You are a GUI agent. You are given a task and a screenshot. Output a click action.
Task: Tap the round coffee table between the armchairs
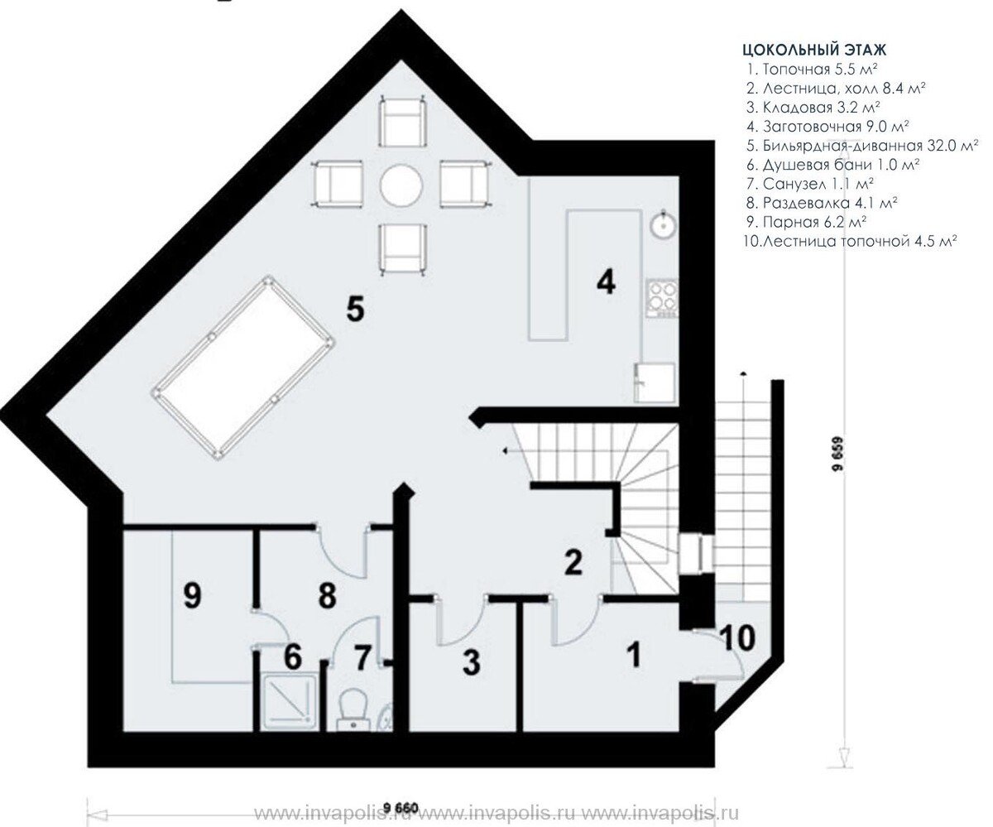click(x=401, y=185)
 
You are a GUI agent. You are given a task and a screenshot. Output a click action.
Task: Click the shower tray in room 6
click(x=289, y=702)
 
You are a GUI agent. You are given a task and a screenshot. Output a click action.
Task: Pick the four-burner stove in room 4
click(x=662, y=298)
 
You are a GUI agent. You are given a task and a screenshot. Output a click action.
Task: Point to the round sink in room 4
click(x=662, y=224)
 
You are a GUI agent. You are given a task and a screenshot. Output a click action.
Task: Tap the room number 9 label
click(x=193, y=596)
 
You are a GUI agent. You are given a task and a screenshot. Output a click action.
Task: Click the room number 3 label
click(x=472, y=663)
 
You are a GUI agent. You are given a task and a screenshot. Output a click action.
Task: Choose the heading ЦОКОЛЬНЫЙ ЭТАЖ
click(x=814, y=50)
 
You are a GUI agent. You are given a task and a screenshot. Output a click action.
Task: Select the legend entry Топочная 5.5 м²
click(x=812, y=70)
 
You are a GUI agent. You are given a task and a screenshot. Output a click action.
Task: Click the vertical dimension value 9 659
click(x=838, y=454)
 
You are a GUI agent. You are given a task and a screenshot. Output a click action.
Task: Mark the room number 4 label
click(x=607, y=282)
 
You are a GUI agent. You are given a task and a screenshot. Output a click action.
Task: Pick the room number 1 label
click(x=635, y=654)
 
